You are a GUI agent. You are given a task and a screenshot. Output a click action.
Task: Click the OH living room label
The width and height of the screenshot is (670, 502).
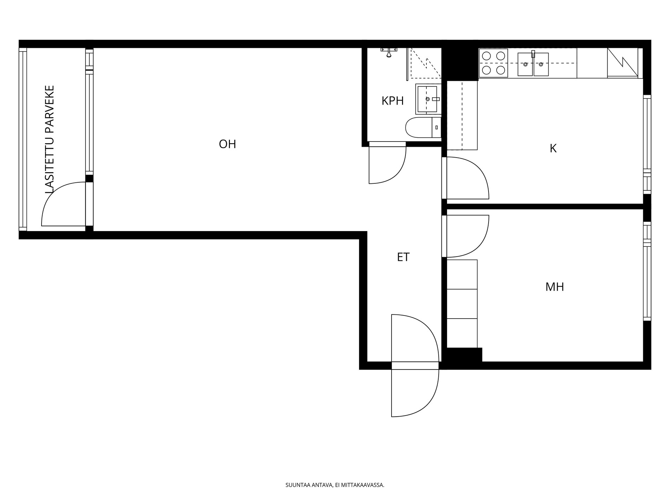pos(228,144)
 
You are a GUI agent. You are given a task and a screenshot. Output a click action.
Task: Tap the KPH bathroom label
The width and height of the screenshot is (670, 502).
pos(393,101)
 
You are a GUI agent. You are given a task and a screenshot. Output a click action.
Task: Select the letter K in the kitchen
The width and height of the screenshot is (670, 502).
pos(553,149)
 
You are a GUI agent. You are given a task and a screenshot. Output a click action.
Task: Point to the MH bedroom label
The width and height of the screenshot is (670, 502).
pos(554,287)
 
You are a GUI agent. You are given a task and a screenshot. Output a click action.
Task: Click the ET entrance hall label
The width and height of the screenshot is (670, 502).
pos(403,257)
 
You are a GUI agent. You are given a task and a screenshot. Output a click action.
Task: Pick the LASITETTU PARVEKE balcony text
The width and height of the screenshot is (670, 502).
pos(50,139)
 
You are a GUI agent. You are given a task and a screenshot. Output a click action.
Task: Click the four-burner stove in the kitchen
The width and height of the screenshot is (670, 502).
pos(493,63)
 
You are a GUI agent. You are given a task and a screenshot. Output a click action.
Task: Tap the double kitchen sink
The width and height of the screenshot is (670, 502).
pos(533,64)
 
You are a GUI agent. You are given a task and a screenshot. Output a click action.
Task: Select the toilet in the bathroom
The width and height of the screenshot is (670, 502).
pos(423,128)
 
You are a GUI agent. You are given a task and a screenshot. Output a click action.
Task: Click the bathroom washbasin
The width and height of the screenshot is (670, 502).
pos(428,99)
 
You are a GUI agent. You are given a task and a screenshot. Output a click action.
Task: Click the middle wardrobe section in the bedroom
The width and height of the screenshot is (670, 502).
pos(462,304)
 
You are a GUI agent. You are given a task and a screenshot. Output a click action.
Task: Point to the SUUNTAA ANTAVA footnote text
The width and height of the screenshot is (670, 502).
pos(335,485)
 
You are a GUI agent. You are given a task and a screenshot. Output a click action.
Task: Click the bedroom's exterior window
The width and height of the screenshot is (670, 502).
pos(647,271)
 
